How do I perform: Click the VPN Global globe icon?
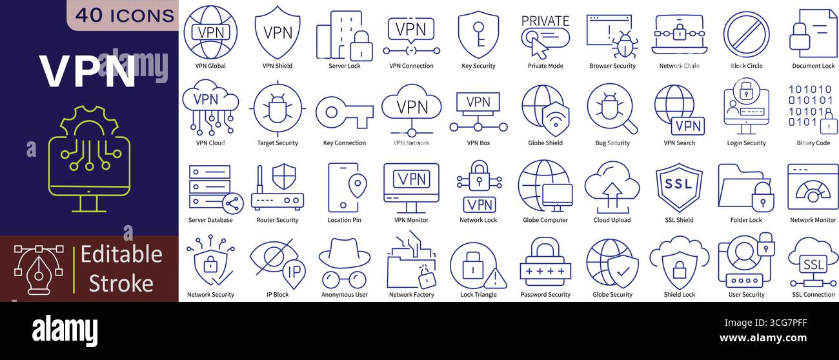[x=210, y=32]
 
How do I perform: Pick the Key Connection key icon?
[x=344, y=112]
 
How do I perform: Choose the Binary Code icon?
[x=813, y=106]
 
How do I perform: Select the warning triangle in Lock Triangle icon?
[x=495, y=279]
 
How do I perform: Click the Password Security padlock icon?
[x=545, y=262]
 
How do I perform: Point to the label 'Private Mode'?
[x=545, y=66]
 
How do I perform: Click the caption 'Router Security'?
[x=278, y=220]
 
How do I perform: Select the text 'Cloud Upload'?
[x=612, y=220]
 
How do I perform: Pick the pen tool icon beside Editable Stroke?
[x=39, y=268]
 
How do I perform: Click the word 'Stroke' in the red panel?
[x=121, y=283]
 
